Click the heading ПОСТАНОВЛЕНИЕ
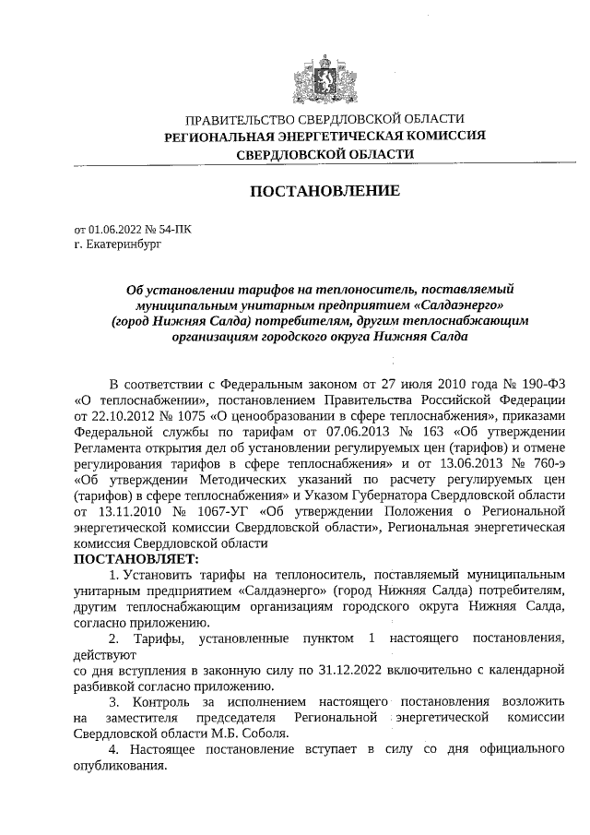click(325, 191)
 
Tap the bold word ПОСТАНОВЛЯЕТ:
click(136, 559)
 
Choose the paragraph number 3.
click(114, 702)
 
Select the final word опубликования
click(120, 767)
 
